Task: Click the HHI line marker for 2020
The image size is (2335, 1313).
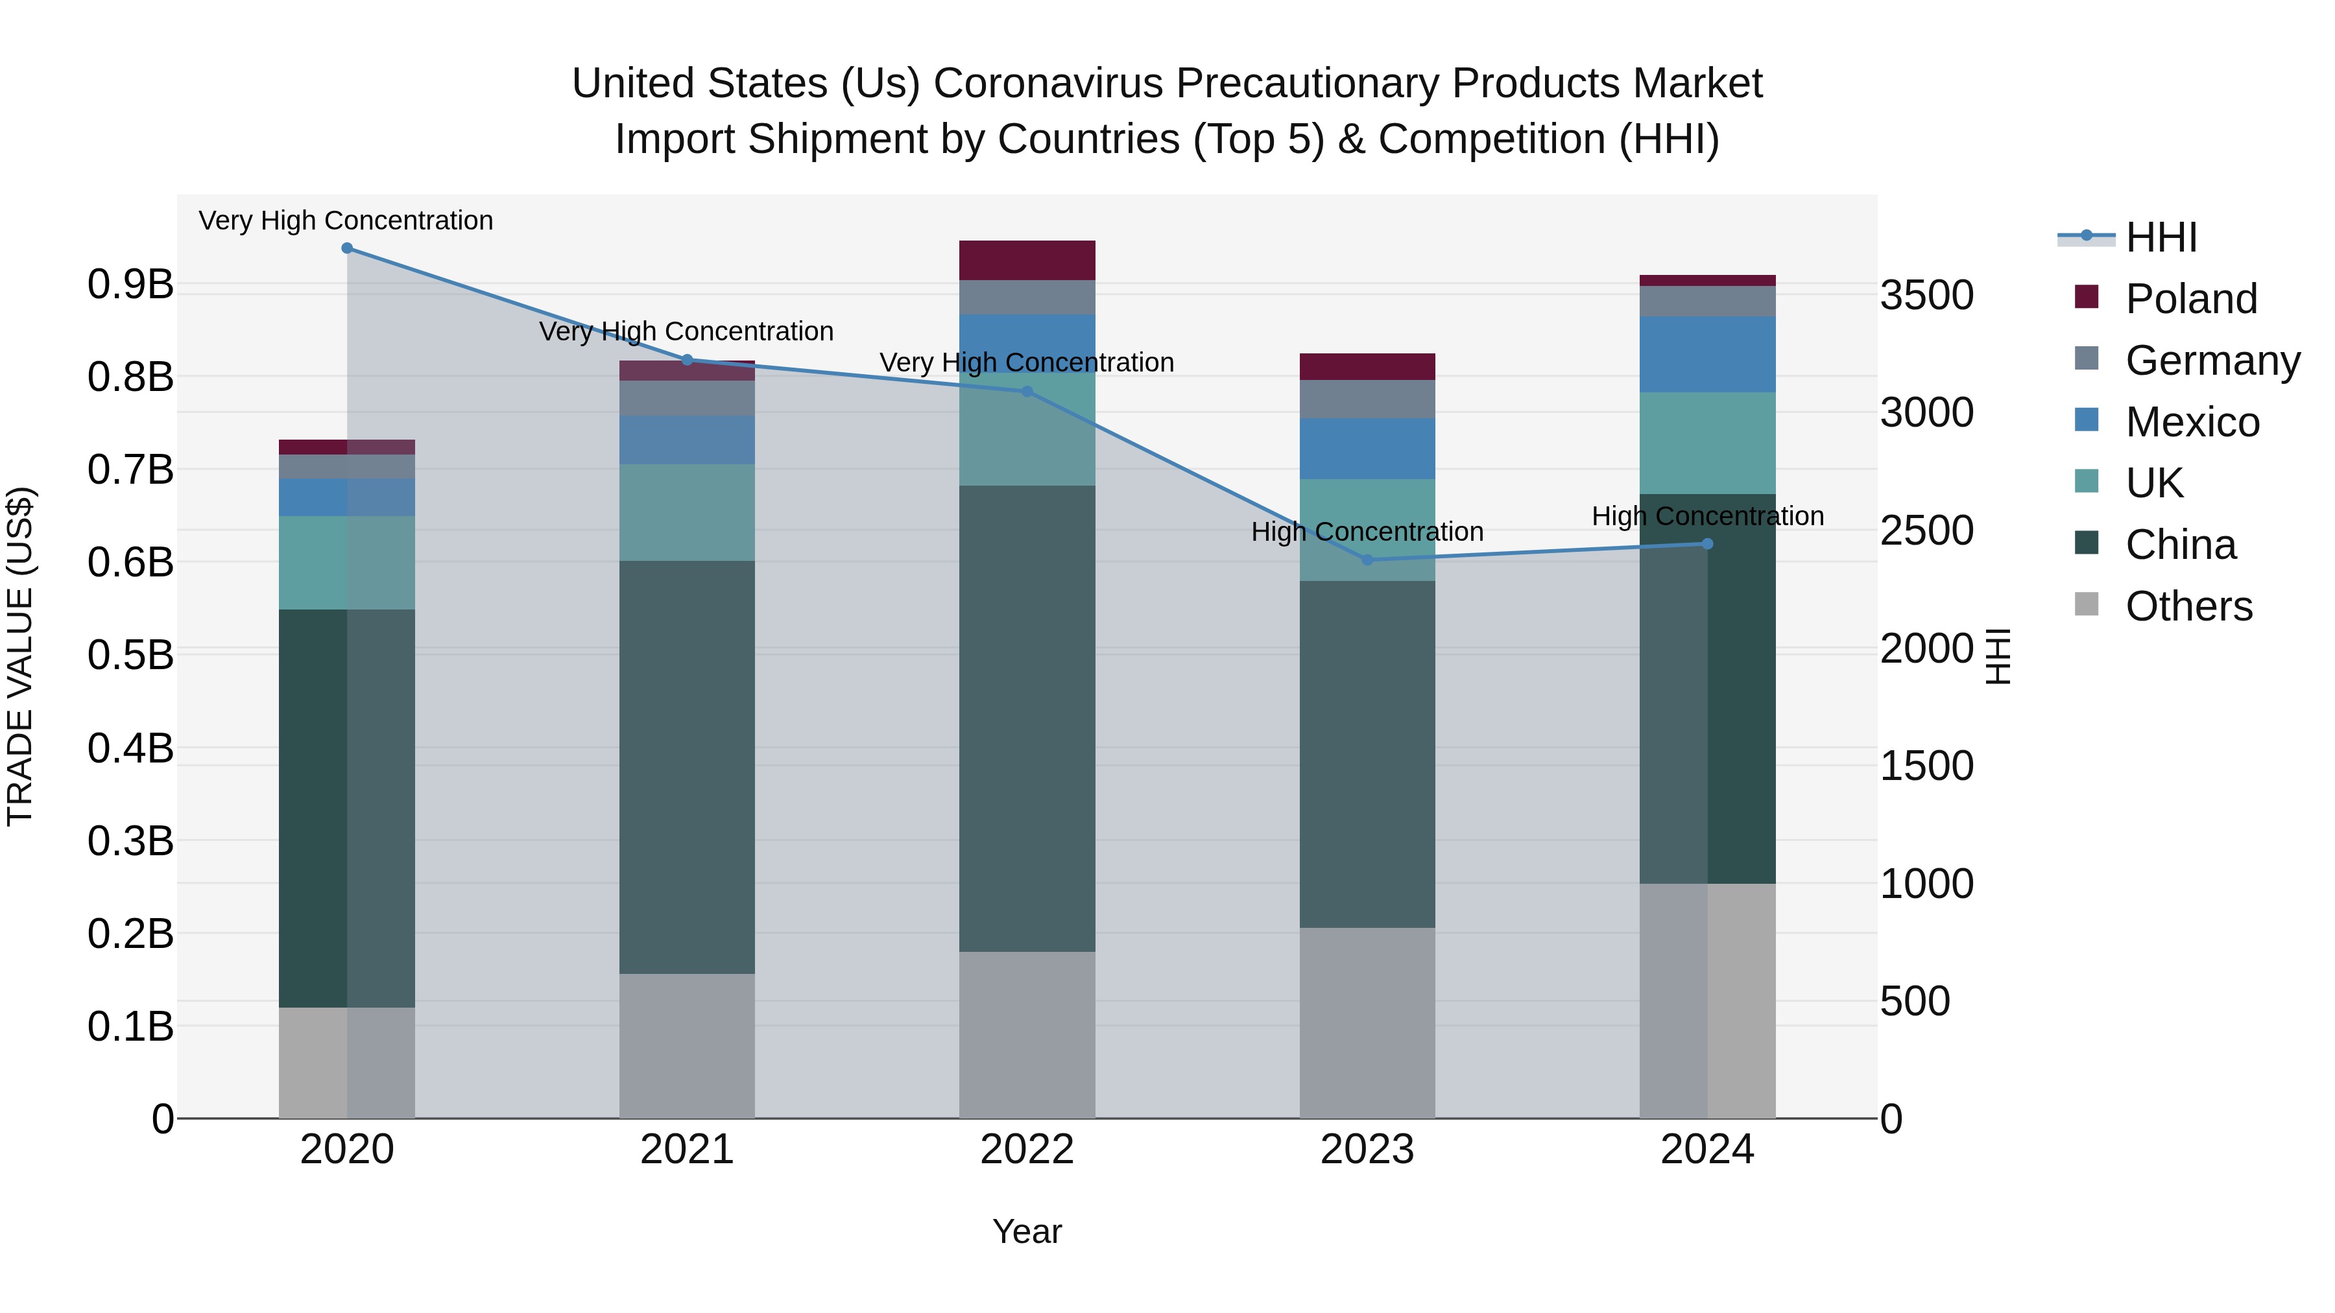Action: pyautogui.click(x=347, y=248)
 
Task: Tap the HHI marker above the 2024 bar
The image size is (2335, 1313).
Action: pyautogui.click(x=1708, y=544)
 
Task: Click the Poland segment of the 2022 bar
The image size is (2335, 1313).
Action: pyautogui.click(x=1027, y=261)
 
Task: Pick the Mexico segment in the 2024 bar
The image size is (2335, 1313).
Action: pyautogui.click(x=1708, y=354)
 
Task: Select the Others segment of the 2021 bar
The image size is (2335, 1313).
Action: pyautogui.click(x=687, y=1046)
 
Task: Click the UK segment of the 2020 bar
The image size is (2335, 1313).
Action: pyautogui.click(x=347, y=563)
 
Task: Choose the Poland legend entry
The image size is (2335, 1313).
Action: pyautogui.click(x=2191, y=299)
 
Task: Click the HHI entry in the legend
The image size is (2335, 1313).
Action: pyautogui.click(x=2161, y=237)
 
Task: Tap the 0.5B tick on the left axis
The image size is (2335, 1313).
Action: pyautogui.click(x=130, y=655)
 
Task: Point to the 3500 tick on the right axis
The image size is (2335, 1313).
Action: pyautogui.click(x=1927, y=296)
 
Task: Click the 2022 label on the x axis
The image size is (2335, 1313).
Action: pyautogui.click(x=1027, y=1150)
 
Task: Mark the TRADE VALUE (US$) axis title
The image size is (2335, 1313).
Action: pyautogui.click(x=20, y=656)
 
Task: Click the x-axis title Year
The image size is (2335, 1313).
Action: pyautogui.click(x=1027, y=1231)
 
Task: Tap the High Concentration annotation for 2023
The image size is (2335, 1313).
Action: pyautogui.click(x=1367, y=532)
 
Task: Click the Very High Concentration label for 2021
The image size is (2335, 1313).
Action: pyautogui.click(x=686, y=331)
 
